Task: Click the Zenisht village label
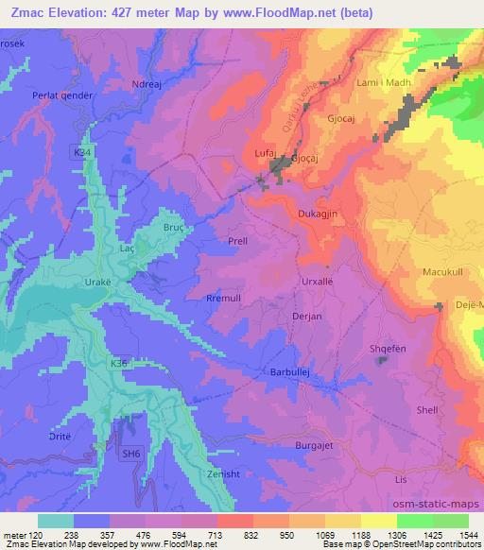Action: tap(224, 473)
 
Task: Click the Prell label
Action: tap(238, 241)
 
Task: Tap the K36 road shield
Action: tap(117, 362)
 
